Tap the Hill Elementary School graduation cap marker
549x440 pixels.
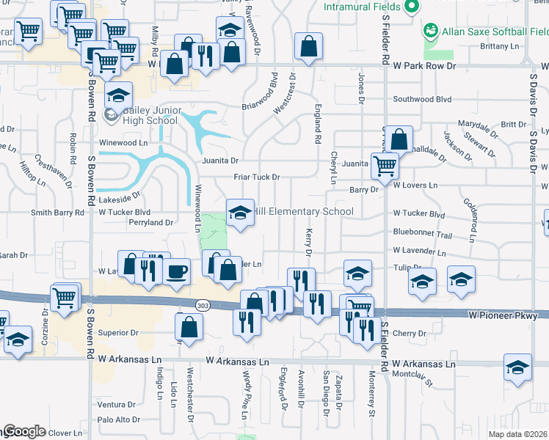click(x=238, y=213)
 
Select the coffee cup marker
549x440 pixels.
click(x=178, y=273)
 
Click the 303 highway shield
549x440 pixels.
click(x=204, y=304)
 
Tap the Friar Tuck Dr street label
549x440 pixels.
click(x=257, y=177)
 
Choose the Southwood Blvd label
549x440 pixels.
click(x=422, y=99)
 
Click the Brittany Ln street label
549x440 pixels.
click(x=499, y=46)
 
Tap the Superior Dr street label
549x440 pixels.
click(x=118, y=333)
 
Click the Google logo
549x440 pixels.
click(x=23, y=432)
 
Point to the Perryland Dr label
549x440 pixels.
click(x=150, y=221)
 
